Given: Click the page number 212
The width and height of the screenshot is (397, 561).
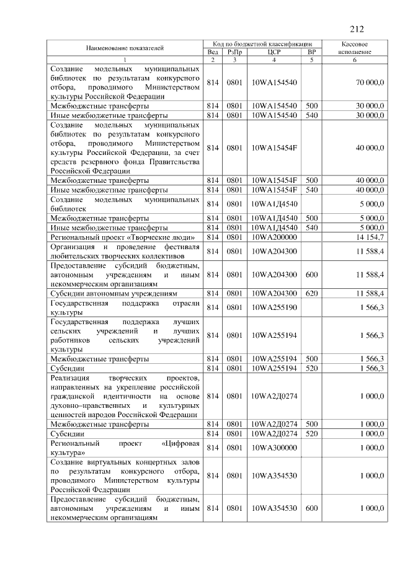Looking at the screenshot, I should coord(356,29).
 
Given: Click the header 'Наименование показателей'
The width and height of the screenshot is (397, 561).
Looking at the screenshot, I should coord(125,48).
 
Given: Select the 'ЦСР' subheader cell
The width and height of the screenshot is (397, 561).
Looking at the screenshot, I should coord(274,52).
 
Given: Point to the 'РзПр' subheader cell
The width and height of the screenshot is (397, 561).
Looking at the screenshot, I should coord(234,52).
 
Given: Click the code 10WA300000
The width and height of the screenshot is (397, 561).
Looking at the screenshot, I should coord(274,448).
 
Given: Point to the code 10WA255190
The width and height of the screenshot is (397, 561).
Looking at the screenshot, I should coord(274,307).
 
